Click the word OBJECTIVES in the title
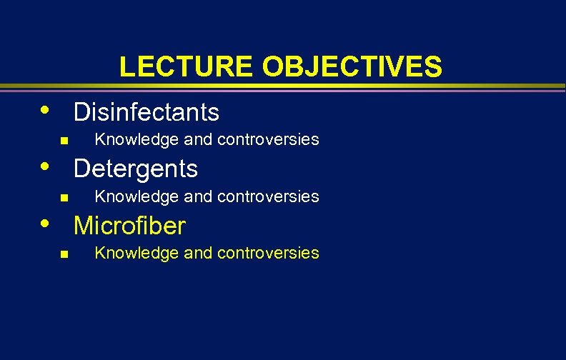point(352,66)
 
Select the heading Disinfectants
point(147,112)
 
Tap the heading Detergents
point(136,169)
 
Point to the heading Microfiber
point(129,226)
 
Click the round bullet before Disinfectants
point(45,110)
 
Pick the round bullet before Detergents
point(45,166)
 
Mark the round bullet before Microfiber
point(45,224)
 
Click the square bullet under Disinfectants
point(64,141)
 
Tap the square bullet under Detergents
point(64,197)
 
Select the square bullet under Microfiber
point(64,254)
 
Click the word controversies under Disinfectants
point(268,140)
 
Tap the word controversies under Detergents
point(268,196)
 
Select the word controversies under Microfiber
point(268,254)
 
